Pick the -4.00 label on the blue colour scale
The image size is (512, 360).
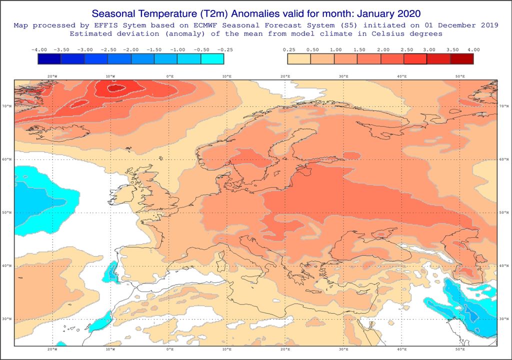point(38,50)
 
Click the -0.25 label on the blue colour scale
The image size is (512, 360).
point(223,50)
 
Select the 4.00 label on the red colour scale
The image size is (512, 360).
point(473,50)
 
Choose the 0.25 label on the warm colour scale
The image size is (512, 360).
point(288,50)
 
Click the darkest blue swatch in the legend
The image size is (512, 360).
point(49,59)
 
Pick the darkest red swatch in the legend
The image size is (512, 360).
point(461,59)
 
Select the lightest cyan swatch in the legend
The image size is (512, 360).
point(212,59)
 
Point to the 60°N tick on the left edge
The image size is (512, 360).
point(8,159)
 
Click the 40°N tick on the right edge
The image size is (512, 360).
point(503,265)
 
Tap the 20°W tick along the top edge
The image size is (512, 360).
point(51,76)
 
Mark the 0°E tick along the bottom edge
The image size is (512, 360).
point(169,349)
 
